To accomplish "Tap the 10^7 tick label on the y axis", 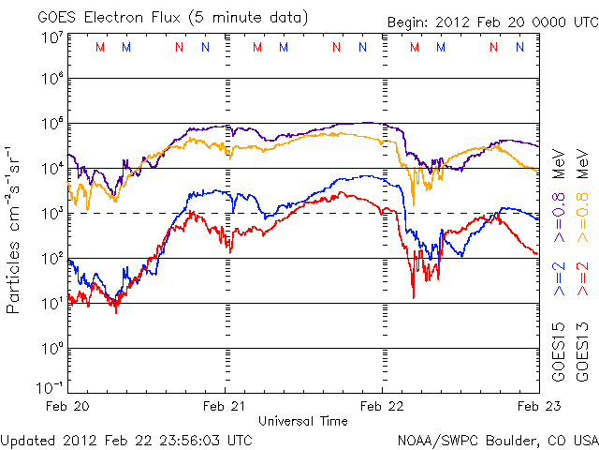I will coord(52,37).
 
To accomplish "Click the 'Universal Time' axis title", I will coord(302,421).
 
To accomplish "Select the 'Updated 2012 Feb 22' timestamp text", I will coord(126,439).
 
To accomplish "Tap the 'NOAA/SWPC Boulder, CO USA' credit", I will coord(497,439).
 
